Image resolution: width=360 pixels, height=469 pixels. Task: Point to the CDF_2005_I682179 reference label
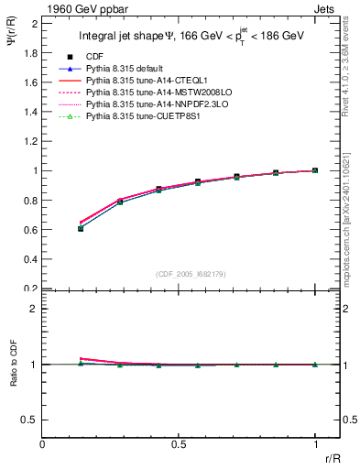click(179, 273)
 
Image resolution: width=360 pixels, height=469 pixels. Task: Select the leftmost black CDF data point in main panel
click(81, 228)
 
